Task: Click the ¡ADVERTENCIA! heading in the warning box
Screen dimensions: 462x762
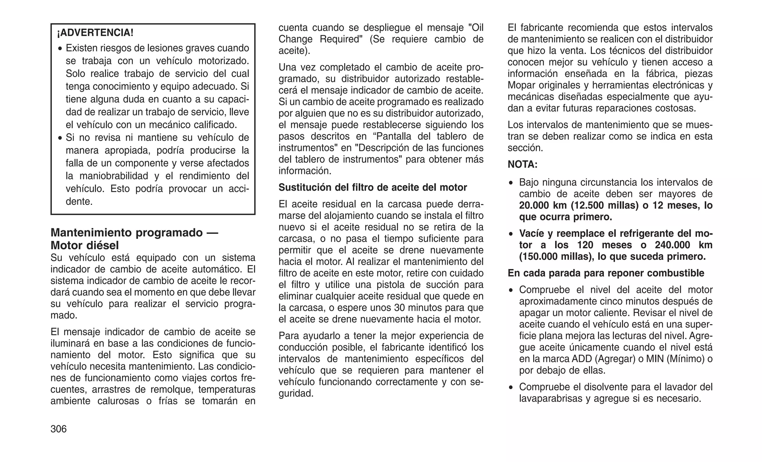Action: click(x=95, y=33)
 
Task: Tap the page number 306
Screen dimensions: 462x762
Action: click(x=59, y=429)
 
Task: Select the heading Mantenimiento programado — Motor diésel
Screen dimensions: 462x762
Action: click(x=134, y=239)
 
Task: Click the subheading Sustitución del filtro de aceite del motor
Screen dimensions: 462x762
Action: click(x=372, y=187)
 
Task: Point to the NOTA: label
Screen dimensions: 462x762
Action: click(x=522, y=164)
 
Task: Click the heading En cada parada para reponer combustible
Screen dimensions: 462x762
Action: click(x=606, y=273)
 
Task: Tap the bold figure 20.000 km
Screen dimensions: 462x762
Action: click(x=543, y=206)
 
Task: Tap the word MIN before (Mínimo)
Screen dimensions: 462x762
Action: click(x=656, y=359)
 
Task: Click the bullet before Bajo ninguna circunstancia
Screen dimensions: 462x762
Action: click(x=512, y=183)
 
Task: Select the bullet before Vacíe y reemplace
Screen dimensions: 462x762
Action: click(x=512, y=234)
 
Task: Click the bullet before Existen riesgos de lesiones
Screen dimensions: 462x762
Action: click(x=60, y=49)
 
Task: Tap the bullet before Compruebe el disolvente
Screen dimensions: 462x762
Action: click(x=512, y=388)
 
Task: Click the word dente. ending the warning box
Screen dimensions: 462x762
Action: click(x=79, y=202)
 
